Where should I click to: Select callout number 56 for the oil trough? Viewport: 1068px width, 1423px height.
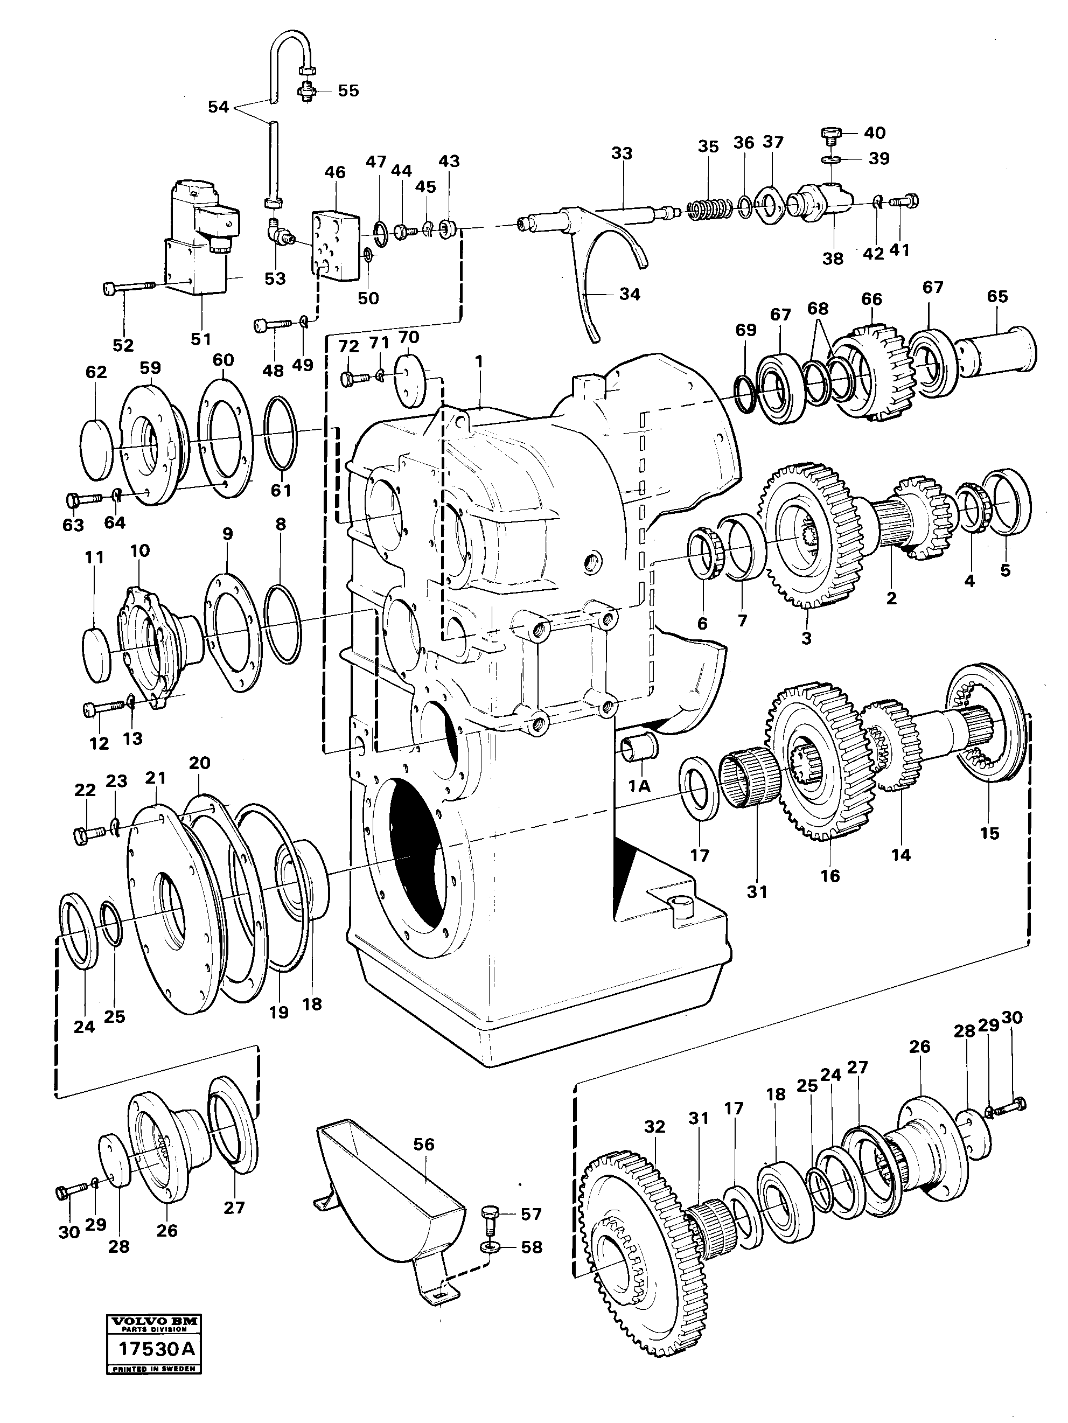pos(424,1145)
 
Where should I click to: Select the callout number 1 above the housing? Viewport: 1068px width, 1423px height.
pos(478,362)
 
